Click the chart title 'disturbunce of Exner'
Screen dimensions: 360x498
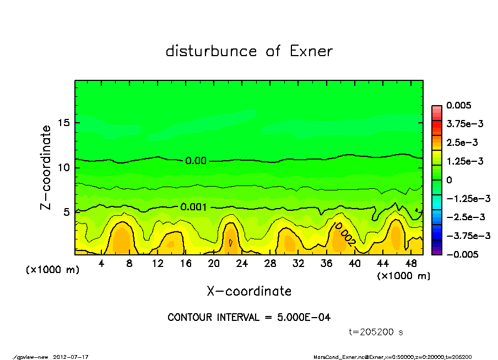[249, 52]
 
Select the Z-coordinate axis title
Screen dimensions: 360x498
[46, 167]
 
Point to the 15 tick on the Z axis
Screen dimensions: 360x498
[63, 123]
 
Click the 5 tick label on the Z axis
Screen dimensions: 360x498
[67, 212]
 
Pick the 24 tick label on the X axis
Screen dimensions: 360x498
[242, 264]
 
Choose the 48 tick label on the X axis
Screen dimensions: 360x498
[411, 264]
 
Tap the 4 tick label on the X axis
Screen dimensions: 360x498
[101, 264]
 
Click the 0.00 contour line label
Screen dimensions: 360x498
[196, 161]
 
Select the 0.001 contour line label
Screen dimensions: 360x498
[193, 207]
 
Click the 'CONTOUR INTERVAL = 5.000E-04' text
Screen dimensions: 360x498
[249, 318]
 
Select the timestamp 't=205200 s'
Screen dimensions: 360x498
[377, 332]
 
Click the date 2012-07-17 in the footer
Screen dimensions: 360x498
[71, 357]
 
